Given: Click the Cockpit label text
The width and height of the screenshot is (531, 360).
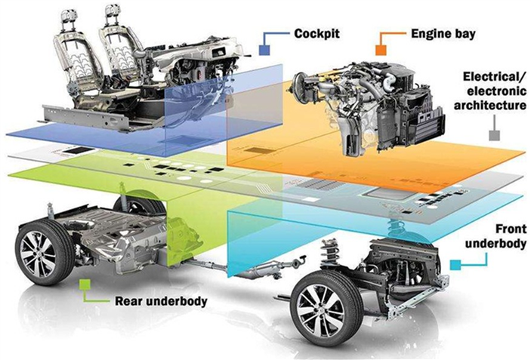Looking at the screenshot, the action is coord(316,33).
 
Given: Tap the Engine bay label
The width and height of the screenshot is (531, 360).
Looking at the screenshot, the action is coord(443,33).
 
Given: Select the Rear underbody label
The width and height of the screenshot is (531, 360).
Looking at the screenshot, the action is coord(161,301).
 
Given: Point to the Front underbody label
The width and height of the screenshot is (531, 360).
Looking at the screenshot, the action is coord(495,236).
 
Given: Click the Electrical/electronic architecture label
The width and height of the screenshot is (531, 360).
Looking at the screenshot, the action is coord(490,91).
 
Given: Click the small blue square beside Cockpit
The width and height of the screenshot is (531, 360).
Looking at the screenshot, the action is coord(264,50).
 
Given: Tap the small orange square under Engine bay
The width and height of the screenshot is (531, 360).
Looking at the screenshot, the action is coord(381,50).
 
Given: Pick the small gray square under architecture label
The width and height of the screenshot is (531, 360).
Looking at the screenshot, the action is coord(495,135).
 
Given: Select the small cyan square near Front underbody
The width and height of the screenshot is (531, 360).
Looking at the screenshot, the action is coord(455,265).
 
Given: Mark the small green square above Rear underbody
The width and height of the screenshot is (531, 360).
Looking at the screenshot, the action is coord(84,285).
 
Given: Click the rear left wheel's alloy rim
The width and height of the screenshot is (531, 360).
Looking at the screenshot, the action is coord(38,254).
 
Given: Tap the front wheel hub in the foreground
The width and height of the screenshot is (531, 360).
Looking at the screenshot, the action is coord(321,314).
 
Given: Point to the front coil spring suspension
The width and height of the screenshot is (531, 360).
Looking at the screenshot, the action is coord(329,251).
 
